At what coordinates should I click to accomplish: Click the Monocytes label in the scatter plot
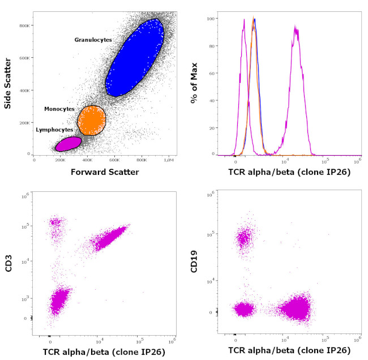tap(61, 108)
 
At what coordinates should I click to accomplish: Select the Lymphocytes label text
tap(54, 130)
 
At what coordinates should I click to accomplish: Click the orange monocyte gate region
tap(92, 120)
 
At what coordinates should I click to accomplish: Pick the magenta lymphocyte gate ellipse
tap(69, 144)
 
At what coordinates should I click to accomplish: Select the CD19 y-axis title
tap(195, 264)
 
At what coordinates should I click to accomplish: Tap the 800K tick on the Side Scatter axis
tap(25, 25)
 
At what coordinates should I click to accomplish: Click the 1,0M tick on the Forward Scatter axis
tap(169, 160)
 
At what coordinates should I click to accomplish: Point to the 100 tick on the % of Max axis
tap(211, 19)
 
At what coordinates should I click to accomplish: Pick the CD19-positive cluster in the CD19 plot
tap(245, 238)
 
